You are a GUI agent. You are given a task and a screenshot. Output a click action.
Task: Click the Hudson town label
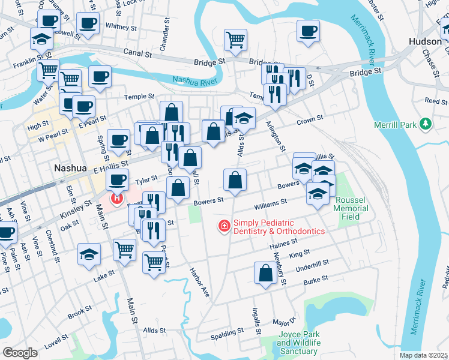[x=424, y=41]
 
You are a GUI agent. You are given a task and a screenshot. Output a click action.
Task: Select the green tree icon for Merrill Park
[x=426, y=124]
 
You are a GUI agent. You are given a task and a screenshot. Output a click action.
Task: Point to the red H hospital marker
[x=116, y=197]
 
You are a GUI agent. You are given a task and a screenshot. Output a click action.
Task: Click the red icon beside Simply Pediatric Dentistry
[x=224, y=226]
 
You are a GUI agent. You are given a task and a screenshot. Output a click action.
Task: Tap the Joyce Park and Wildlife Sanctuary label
[x=298, y=346]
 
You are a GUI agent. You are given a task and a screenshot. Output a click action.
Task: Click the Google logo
[x=20, y=353]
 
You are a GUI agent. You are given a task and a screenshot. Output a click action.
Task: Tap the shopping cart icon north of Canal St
[x=236, y=40]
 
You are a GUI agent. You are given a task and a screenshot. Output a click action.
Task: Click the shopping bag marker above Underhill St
[x=265, y=273]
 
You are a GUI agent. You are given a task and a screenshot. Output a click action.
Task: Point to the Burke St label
[x=315, y=279]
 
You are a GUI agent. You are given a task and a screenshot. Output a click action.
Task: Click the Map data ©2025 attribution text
[x=424, y=355]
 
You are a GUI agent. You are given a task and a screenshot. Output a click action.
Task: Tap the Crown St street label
[x=310, y=121]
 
